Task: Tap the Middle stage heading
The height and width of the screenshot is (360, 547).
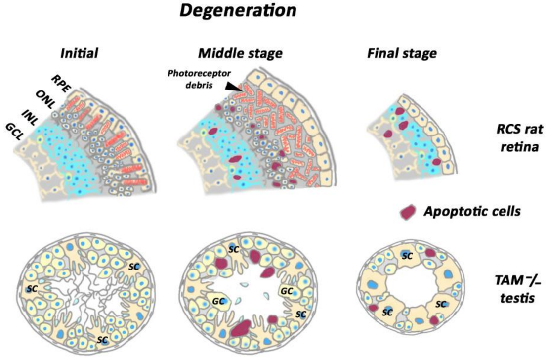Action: coord(240,53)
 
